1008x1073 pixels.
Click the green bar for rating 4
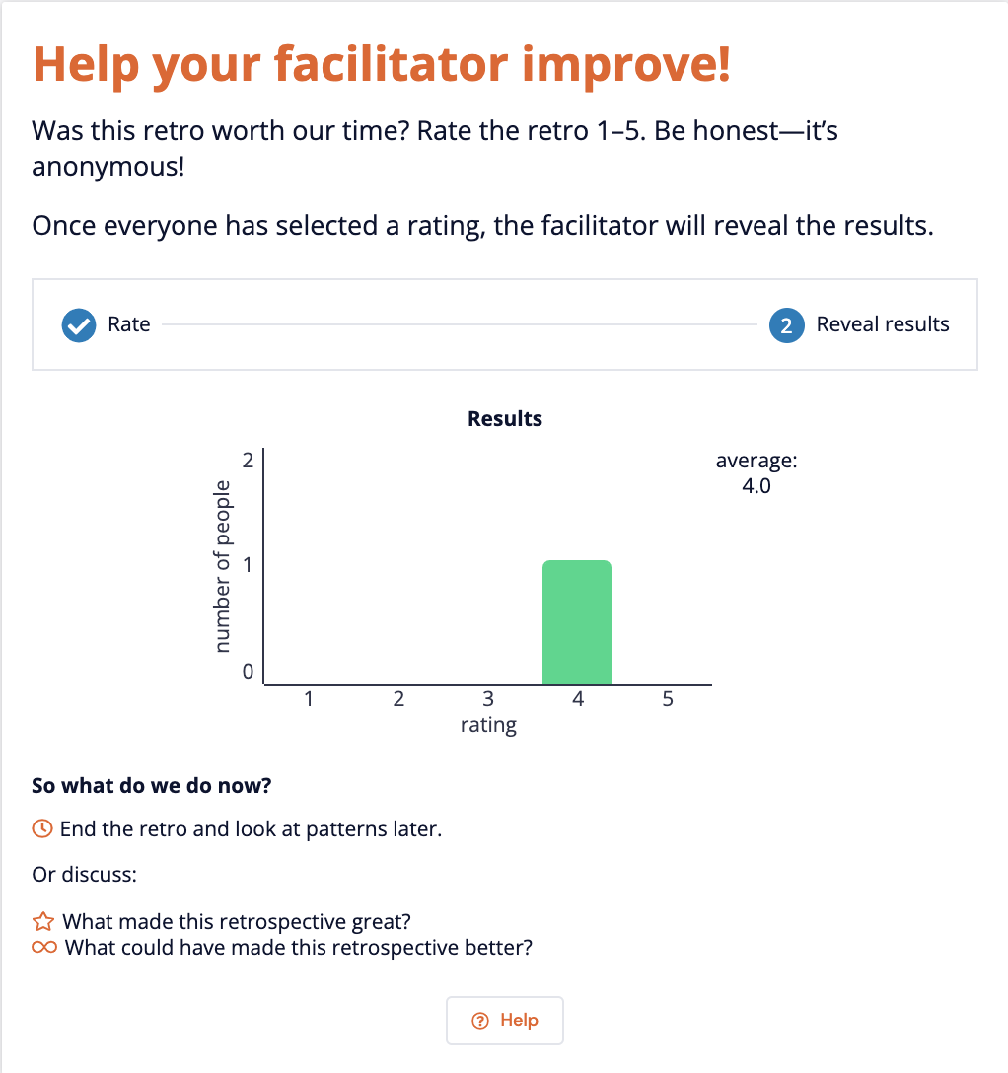(x=577, y=622)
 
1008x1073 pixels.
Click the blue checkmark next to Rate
(x=78, y=324)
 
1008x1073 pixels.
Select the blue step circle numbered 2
(x=786, y=324)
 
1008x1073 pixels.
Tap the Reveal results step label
(x=883, y=324)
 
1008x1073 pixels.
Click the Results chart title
(x=505, y=419)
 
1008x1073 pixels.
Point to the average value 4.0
(x=756, y=485)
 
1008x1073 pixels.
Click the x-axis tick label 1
(x=309, y=700)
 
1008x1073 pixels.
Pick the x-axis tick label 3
(x=488, y=700)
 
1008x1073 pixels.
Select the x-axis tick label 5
(x=668, y=700)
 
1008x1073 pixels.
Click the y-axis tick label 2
(x=248, y=460)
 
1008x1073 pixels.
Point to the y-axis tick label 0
(x=248, y=673)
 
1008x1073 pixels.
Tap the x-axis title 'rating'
(x=488, y=726)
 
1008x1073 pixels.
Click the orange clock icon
(x=42, y=829)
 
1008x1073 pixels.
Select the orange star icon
(x=43, y=923)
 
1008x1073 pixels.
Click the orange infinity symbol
(x=44, y=948)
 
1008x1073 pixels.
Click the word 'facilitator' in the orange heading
(x=392, y=63)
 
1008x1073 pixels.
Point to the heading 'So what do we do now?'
(x=152, y=786)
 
